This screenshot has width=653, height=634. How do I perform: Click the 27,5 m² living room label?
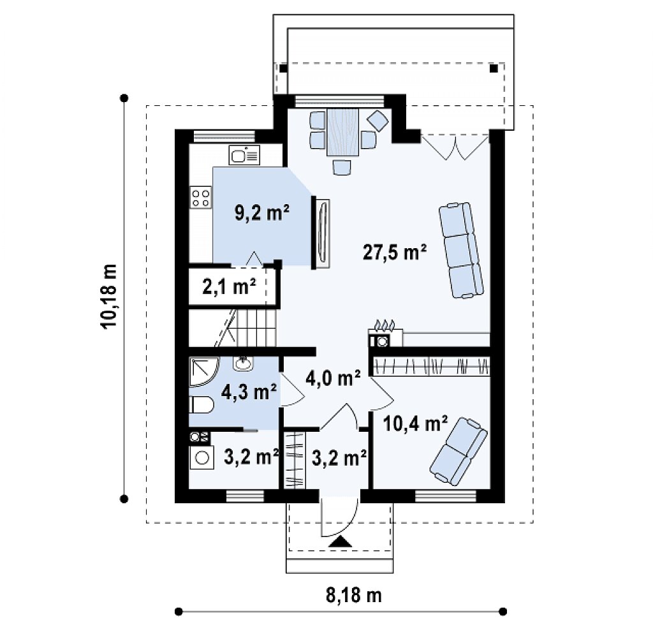[394, 253]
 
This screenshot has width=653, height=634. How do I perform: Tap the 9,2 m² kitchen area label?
[262, 213]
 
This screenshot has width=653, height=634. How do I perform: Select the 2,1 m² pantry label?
[229, 286]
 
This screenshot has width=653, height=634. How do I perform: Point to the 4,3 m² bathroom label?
[249, 392]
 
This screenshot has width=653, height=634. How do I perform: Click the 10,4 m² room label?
[415, 424]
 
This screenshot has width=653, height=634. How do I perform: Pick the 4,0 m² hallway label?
[333, 378]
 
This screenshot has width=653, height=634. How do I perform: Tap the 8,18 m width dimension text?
[353, 595]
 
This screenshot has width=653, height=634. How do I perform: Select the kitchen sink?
[244, 155]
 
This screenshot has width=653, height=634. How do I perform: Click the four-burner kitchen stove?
[200, 198]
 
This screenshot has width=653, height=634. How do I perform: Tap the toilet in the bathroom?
[201, 404]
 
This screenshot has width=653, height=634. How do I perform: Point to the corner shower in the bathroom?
[203, 371]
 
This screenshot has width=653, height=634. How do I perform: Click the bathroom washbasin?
[243, 363]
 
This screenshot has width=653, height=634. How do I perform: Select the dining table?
[342, 132]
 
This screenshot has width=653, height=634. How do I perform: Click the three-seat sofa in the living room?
[461, 250]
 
